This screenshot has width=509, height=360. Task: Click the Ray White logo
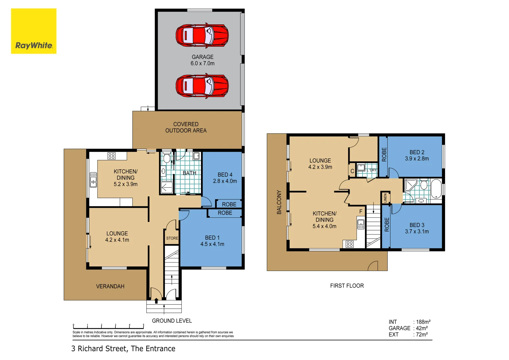click(34, 31)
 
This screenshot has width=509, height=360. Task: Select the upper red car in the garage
click(202, 36)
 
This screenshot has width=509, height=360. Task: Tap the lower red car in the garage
click(202, 86)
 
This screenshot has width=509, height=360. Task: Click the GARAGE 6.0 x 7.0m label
click(202, 60)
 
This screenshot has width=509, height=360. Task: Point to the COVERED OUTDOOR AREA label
click(186, 127)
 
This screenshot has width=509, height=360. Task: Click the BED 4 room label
click(225, 178)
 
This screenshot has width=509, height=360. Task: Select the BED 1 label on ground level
click(212, 241)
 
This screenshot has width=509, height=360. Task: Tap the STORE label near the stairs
click(172, 238)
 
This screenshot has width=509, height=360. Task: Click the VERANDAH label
click(110, 286)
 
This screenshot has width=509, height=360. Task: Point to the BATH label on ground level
click(189, 173)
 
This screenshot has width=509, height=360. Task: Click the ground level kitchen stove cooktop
click(111, 156)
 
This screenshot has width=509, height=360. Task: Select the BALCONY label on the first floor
click(279, 202)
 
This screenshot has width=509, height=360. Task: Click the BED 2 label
click(417, 155)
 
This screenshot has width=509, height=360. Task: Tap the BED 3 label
click(417, 228)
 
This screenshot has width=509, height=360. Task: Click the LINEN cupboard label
click(385, 198)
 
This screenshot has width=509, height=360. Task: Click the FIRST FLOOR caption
click(347, 286)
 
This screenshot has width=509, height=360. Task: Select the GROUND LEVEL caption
click(172, 321)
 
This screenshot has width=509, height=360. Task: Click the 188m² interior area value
click(423, 322)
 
